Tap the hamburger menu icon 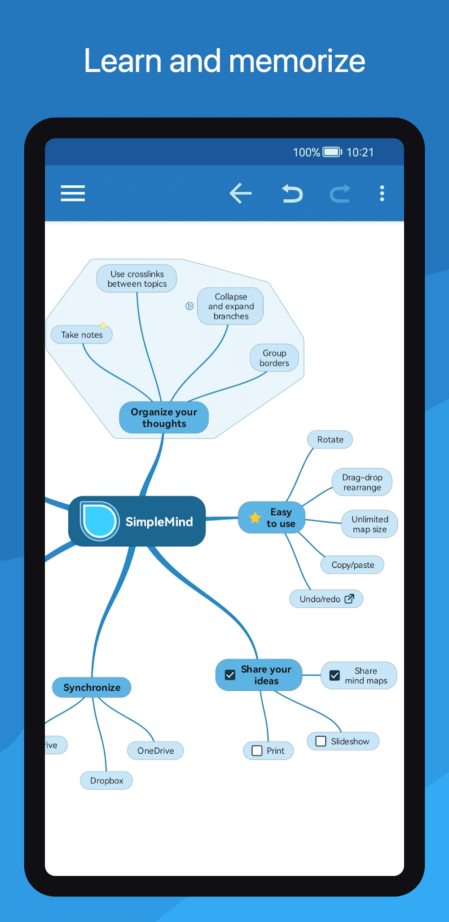(73, 193)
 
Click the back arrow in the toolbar (241, 193)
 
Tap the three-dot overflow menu (382, 193)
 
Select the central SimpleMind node (137, 521)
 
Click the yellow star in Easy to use (255, 518)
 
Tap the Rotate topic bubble (330, 439)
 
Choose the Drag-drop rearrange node (362, 482)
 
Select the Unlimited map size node (370, 524)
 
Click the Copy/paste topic (352, 565)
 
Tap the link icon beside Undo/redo (349, 599)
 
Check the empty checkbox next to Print (257, 751)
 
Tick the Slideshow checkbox (321, 741)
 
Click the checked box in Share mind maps (335, 675)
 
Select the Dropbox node (106, 781)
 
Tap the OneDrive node (155, 751)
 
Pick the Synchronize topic (92, 687)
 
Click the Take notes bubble (82, 334)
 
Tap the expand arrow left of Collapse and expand (189, 306)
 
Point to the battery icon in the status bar (332, 152)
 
